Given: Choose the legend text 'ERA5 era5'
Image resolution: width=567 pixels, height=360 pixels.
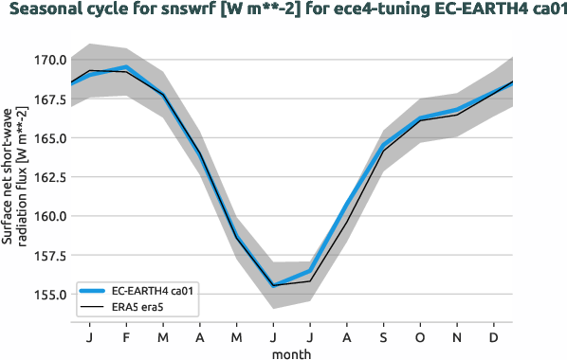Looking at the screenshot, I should pos(137,308).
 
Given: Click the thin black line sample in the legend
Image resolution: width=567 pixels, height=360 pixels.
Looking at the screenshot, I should pos(93,308).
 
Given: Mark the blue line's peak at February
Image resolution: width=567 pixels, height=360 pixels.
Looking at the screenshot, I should pos(126,67).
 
